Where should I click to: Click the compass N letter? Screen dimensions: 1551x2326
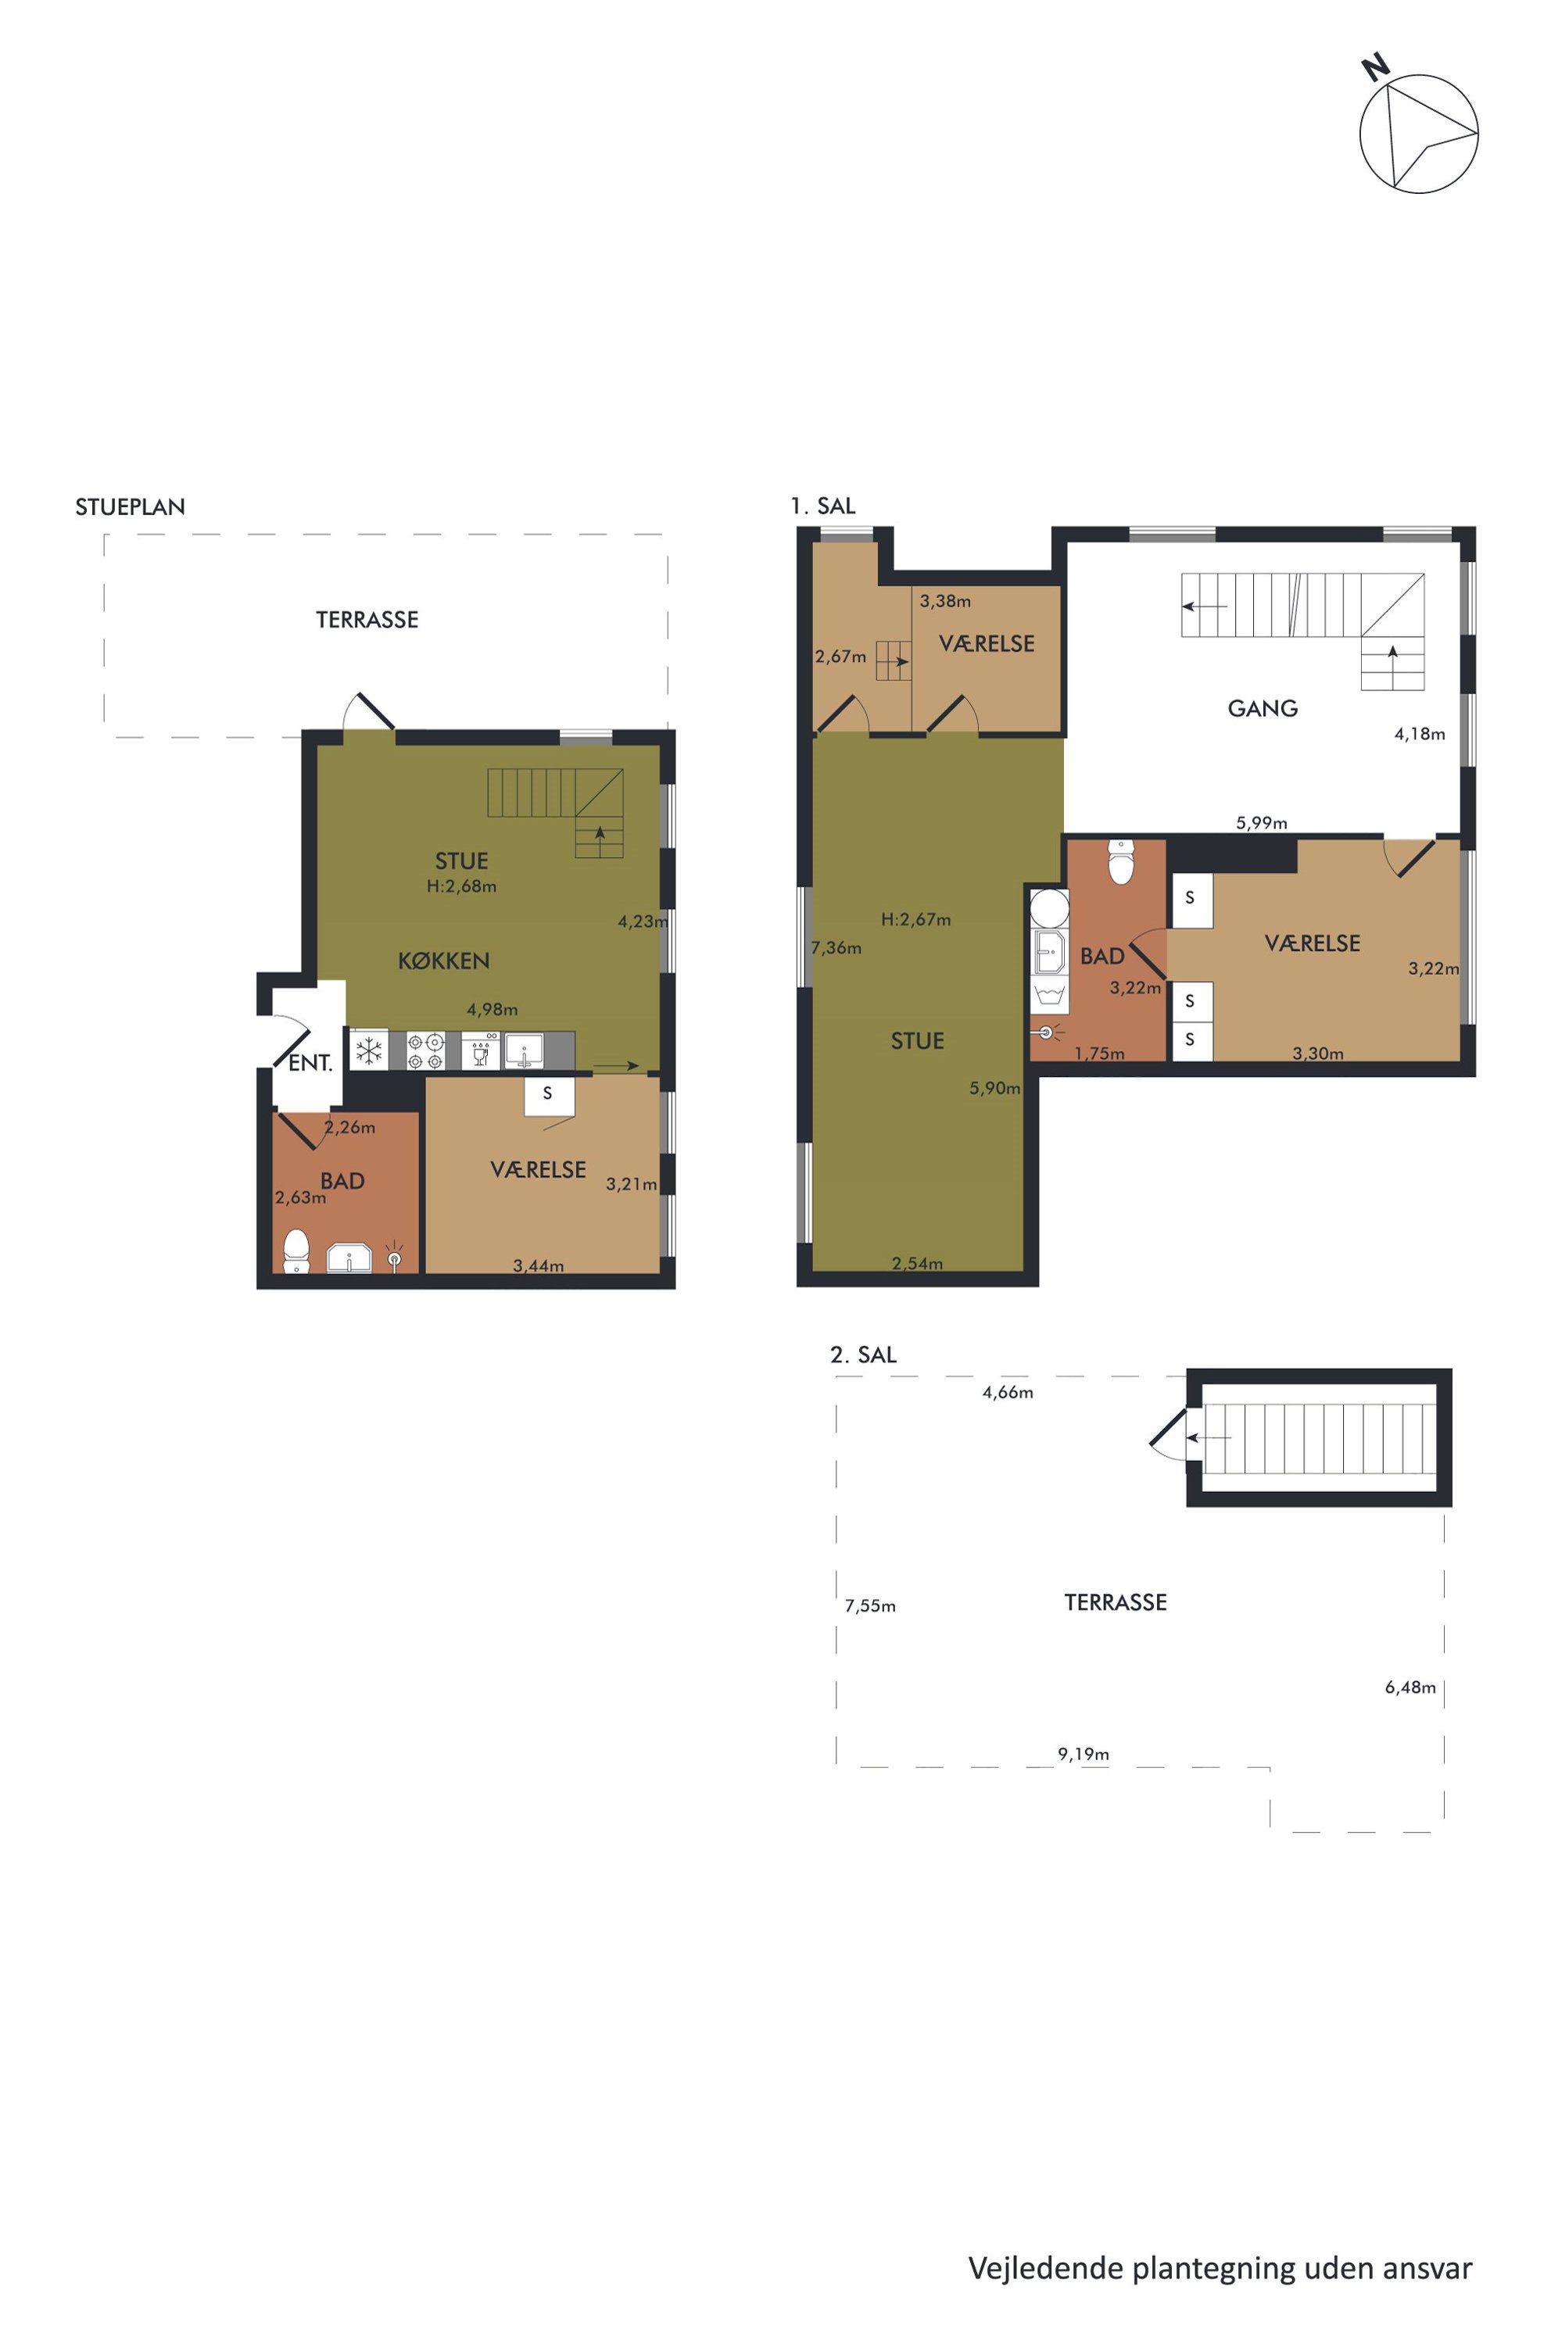point(1376,67)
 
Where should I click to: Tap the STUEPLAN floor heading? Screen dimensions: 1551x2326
point(131,507)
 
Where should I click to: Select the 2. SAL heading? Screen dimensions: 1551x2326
point(862,1354)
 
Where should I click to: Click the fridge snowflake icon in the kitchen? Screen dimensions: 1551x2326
point(369,1050)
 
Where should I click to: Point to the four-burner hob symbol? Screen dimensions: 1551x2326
point(425,1050)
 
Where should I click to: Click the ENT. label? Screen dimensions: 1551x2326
point(310,1063)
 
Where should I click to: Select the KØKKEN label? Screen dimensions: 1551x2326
point(444,961)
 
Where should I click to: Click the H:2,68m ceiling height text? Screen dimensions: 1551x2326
point(462,886)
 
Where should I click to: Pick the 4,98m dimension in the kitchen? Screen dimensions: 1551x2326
point(493,1010)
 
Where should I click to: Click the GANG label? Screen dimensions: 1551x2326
point(1263,708)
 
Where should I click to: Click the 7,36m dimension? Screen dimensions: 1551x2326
point(836,947)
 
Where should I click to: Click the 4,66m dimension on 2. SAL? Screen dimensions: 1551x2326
point(1008,1393)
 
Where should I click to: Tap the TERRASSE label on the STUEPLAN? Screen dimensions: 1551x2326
point(367,620)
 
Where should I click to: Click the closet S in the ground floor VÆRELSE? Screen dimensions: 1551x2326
point(547,1093)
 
